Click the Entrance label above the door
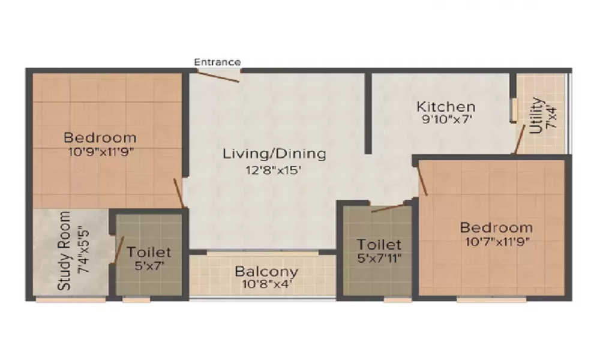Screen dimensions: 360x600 coord(217,62)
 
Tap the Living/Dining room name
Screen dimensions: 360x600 coord(274,154)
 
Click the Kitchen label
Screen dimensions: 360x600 coord(446,107)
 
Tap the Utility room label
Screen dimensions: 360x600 coord(536,115)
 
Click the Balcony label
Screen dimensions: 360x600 coord(266,271)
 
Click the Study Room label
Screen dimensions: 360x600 coord(65,250)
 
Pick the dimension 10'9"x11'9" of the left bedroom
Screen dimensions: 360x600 coord(100,151)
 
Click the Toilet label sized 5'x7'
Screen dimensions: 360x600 coord(149,252)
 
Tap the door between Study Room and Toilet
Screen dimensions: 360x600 coord(118,249)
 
